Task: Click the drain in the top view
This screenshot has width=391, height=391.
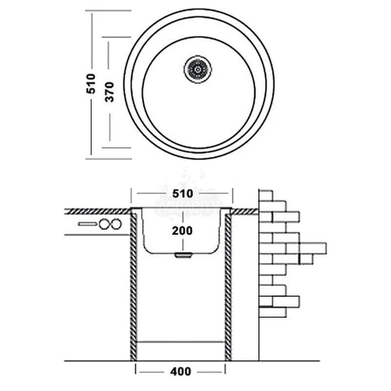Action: [198, 69]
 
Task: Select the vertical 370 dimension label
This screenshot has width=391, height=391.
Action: [109, 91]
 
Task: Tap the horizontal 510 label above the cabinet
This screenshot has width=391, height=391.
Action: [182, 193]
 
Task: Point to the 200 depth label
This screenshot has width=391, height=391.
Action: [182, 230]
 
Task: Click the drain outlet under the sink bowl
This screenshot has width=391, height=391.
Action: [182, 255]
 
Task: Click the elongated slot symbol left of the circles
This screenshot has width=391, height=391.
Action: [88, 224]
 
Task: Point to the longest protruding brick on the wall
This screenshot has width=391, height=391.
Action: [313, 248]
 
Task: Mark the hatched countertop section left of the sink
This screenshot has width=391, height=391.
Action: [98, 211]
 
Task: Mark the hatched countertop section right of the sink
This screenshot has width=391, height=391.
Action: [244, 211]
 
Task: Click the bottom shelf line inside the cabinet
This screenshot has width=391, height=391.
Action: [180, 341]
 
